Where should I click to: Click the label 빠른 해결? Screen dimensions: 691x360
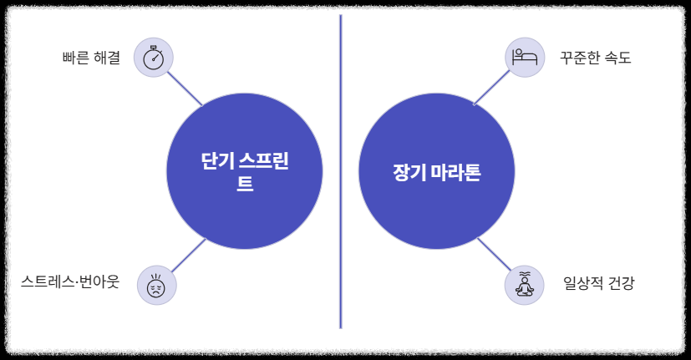pyautogui.click(x=91, y=58)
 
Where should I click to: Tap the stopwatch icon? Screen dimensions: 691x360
pyautogui.click(x=154, y=58)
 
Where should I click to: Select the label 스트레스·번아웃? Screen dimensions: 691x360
pyautogui.click(x=70, y=282)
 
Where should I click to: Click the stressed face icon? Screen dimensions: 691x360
pyautogui.click(x=156, y=285)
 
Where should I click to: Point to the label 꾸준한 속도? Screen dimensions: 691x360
pyautogui.click(x=595, y=58)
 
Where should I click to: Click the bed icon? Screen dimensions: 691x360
pyautogui.click(x=525, y=58)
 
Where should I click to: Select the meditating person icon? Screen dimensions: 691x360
pyautogui.click(x=525, y=285)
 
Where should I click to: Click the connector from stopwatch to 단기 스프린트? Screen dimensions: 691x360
pyautogui.click(x=185, y=88)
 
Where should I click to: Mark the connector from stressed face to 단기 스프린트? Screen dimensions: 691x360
pyautogui.click(x=187, y=256)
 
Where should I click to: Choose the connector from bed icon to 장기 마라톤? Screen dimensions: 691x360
pyautogui.click(x=491, y=88)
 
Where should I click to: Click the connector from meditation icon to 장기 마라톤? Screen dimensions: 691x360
pyautogui.click(x=493, y=255)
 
